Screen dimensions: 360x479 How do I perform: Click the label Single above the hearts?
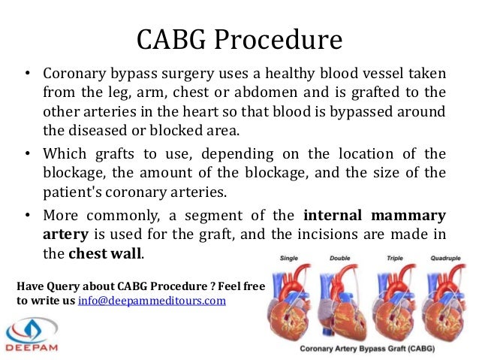[289, 258]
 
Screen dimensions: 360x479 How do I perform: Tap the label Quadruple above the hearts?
[445, 258]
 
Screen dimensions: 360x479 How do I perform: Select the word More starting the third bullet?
[60, 213]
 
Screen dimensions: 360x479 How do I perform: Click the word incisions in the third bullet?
[331, 232]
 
